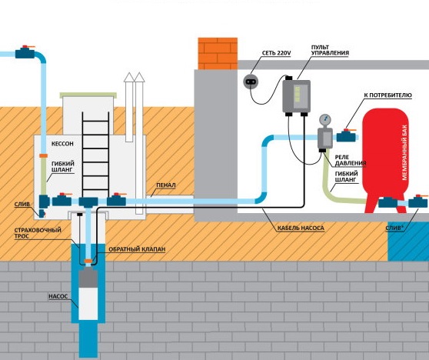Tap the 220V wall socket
pyautogui.click(x=251, y=82)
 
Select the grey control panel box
pyautogui.click(x=296, y=96)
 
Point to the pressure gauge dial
pyautogui.click(x=324, y=119)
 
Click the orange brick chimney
pyautogui.click(x=218, y=54)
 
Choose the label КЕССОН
pyautogui.click(x=62, y=144)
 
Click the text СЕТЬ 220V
pyautogui.click(x=276, y=53)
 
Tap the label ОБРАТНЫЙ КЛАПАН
pyautogui.click(x=137, y=249)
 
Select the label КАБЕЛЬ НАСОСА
pyautogui.click(x=301, y=228)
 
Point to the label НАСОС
pyautogui.click(x=58, y=296)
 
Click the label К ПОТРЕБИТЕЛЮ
pyautogui.click(x=387, y=95)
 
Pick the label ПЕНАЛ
pyautogui.click(x=166, y=185)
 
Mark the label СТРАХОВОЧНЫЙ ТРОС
pyautogui.click(x=38, y=233)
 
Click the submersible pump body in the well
pyautogui.click(x=88, y=294)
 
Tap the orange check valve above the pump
pyautogui.click(x=88, y=261)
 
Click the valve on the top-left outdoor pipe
pyautogui.click(x=25, y=52)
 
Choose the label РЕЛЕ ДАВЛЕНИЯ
pyautogui.click(x=351, y=161)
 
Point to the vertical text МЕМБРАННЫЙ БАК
pyautogui.click(x=404, y=152)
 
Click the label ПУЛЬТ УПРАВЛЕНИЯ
pyautogui.click(x=331, y=50)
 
